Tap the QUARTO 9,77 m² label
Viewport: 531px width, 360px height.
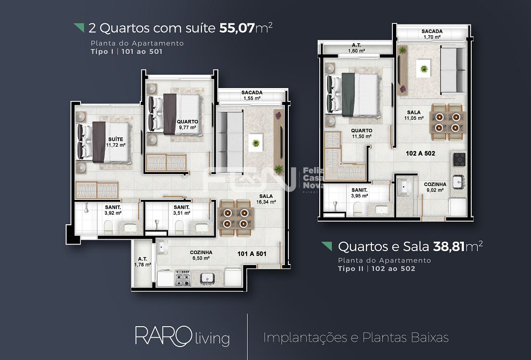click(187, 124)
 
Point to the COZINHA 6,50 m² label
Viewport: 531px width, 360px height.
click(201, 255)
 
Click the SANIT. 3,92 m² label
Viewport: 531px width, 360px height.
click(113, 210)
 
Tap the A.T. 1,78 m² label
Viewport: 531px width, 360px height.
click(142, 262)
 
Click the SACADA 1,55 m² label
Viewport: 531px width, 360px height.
click(252, 95)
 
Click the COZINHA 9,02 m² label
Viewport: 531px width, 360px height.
click(435, 186)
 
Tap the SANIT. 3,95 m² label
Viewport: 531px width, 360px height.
click(359, 192)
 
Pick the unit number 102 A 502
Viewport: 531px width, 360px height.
click(420, 154)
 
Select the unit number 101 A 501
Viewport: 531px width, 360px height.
click(252, 254)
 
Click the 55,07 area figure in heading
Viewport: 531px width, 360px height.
click(236, 28)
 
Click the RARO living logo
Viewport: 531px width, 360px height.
click(182, 337)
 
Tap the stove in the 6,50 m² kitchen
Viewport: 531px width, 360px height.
click(182, 277)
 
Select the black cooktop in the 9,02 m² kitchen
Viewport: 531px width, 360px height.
click(459, 160)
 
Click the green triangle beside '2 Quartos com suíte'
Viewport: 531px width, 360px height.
click(79, 27)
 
